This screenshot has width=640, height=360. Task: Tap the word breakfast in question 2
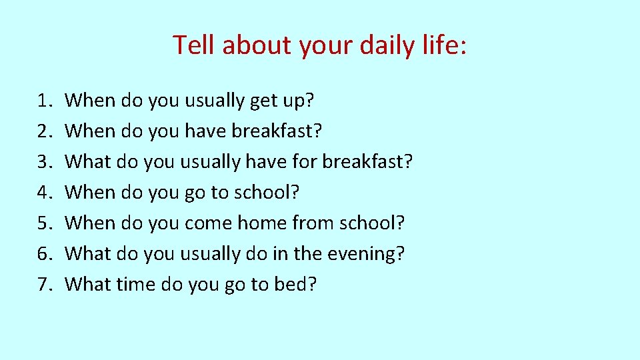point(277,131)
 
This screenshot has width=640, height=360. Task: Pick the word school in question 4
point(263,193)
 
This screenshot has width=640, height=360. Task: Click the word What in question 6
point(88,254)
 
